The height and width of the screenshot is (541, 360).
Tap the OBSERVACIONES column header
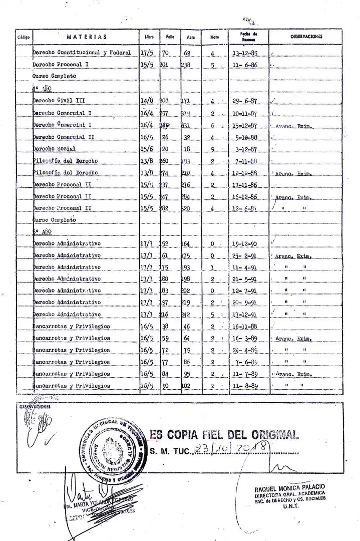click(x=305, y=36)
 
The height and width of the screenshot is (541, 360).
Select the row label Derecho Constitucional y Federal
click(x=82, y=53)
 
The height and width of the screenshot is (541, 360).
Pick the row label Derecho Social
click(x=54, y=149)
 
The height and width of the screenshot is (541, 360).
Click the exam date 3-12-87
click(x=244, y=149)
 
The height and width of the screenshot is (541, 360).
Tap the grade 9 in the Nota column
click(x=212, y=149)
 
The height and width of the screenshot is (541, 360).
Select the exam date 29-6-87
click(x=244, y=101)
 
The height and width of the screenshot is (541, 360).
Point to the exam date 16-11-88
click(x=244, y=327)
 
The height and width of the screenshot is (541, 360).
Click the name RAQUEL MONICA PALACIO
click(x=289, y=487)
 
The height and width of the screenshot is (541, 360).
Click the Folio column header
click(x=170, y=37)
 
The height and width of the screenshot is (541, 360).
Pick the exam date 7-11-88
click(x=244, y=161)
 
